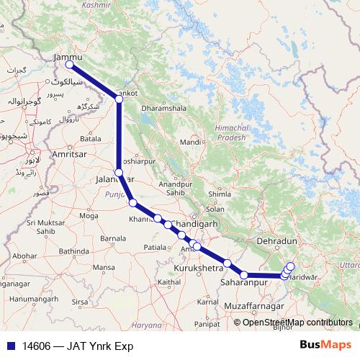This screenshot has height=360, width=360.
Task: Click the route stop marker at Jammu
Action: coord(70,65)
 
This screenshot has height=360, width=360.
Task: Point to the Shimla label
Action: coord(218,194)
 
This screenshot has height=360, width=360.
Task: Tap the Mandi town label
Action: coord(190,143)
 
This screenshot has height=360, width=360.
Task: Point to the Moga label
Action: coord(89,215)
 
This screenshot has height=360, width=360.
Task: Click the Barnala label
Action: coord(113,237)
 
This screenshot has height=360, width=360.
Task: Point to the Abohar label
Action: coord(24,256)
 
